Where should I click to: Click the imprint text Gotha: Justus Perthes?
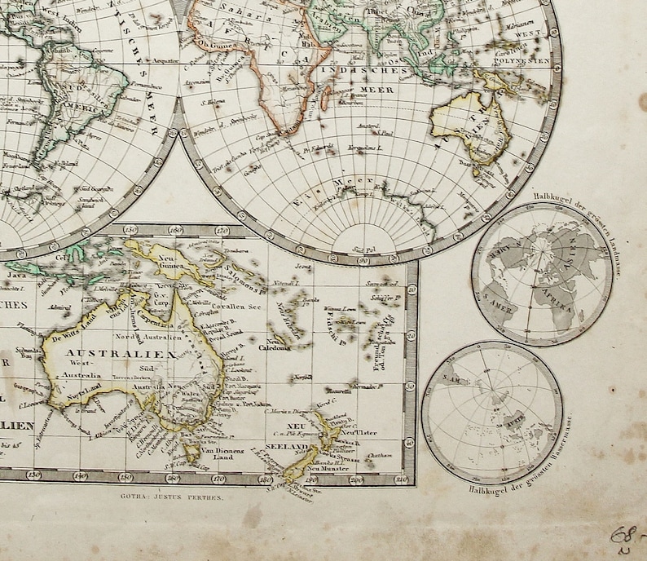[170, 494]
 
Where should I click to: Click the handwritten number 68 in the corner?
[624, 536]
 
